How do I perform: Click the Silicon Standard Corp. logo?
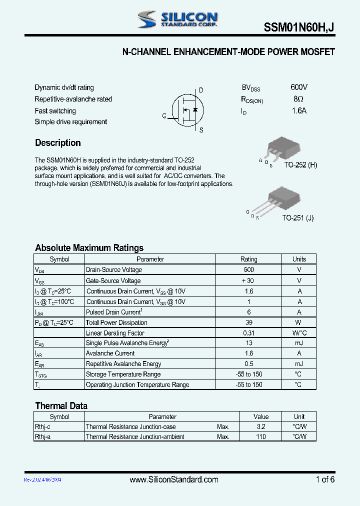pos(177,19)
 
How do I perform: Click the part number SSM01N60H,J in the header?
pos(299,29)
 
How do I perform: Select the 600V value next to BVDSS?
pos(299,87)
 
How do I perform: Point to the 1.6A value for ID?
pos(299,111)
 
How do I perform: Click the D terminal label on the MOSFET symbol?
pos(201,90)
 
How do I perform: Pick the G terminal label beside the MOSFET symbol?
pos(164,116)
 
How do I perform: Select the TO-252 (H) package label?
pos(300,165)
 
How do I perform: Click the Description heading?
pos(58,143)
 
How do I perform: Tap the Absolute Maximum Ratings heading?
pos(89,247)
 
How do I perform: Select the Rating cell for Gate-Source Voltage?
pos(248,280)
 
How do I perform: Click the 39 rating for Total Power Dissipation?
pos(248,322)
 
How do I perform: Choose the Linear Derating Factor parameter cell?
pos(115,333)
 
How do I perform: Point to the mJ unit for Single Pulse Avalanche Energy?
pos(299,343)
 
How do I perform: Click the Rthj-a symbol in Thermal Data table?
pos(43,436)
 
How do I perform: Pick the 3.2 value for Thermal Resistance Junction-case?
pos(260,426)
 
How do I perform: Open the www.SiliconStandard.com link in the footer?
pos(174,479)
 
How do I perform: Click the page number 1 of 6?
pos(325,479)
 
